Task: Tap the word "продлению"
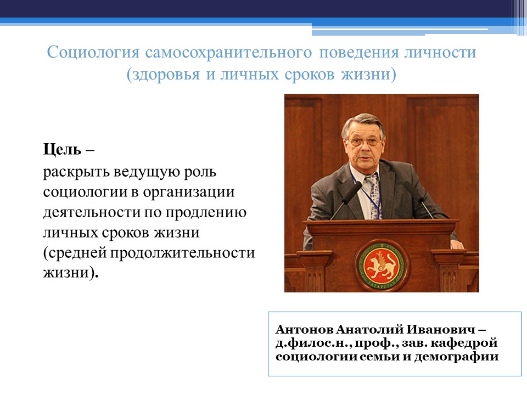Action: (209, 212)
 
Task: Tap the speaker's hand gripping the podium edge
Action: (456, 243)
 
